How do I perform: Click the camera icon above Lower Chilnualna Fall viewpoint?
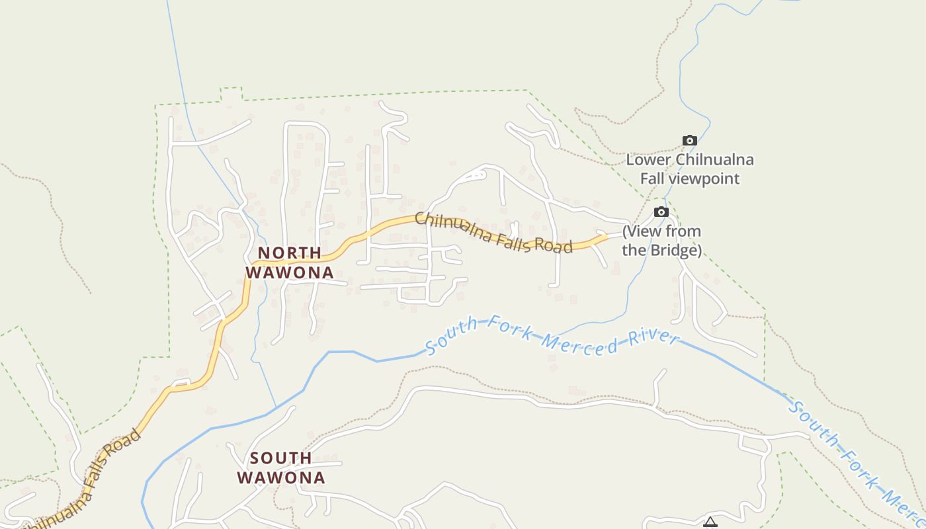(x=689, y=140)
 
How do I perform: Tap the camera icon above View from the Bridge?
(x=661, y=212)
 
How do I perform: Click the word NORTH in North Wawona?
(x=290, y=253)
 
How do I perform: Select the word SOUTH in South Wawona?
(x=281, y=458)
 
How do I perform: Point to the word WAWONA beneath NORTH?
(x=290, y=272)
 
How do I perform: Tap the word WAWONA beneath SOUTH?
(x=281, y=477)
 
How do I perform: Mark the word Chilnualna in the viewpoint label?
(x=715, y=160)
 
